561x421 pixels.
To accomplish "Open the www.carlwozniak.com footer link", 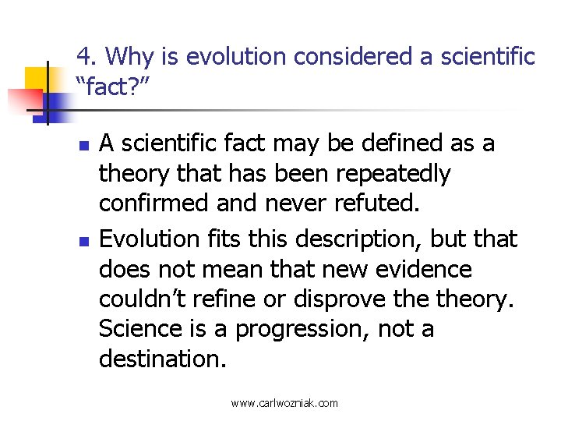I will click(284, 403).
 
